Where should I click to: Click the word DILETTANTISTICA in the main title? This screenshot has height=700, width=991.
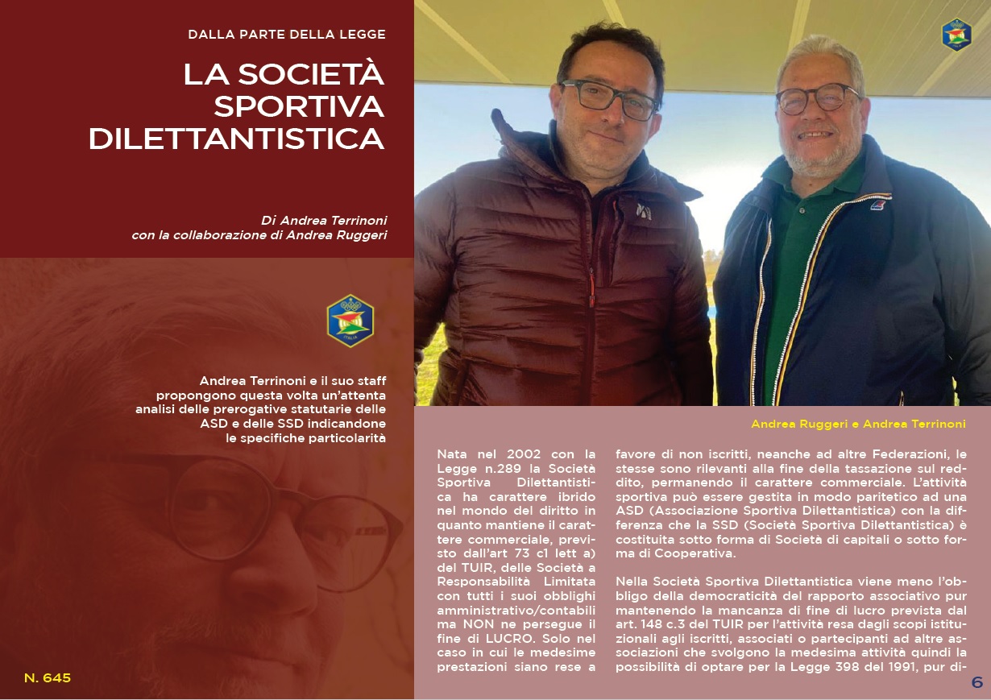[x=236, y=139]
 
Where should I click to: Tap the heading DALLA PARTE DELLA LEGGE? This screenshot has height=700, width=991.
[x=287, y=35]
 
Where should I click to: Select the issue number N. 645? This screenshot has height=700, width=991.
[x=48, y=678]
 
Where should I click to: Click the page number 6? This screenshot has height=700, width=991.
[x=976, y=682]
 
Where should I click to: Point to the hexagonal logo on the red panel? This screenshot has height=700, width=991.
[x=350, y=321]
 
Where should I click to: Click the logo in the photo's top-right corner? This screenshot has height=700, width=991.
[x=956, y=35]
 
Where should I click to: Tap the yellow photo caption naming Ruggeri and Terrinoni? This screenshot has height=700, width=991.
[x=858, y=424]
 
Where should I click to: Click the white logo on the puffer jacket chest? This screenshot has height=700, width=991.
[x=643, y=211]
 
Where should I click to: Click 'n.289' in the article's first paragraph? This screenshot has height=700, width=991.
[x=493, y=470]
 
